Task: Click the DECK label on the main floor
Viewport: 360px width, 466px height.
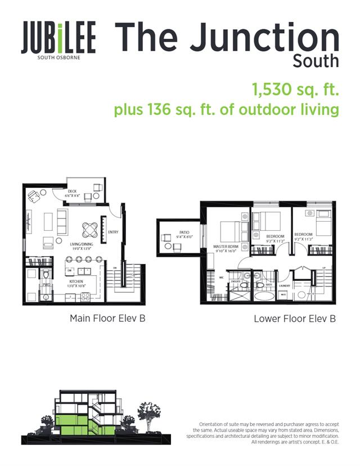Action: point(73,191)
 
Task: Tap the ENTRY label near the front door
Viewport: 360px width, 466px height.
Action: point(113,232)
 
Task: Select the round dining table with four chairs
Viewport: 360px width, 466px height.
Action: point(90,229)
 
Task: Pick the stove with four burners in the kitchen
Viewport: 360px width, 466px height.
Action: point(86,296)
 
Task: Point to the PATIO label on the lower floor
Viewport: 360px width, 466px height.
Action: point(184,232)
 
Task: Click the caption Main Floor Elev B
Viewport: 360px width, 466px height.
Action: point(107,319)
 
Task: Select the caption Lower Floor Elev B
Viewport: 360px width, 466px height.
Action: point(295,319)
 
